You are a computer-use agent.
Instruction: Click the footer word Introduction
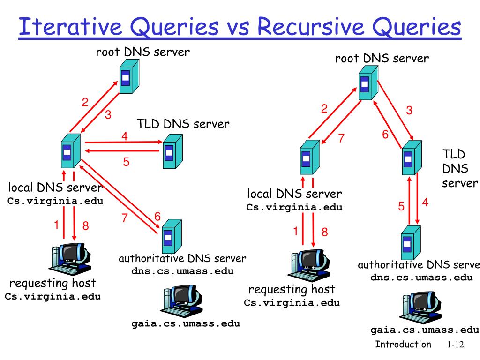(x=403, y=345)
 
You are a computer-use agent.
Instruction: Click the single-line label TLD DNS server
(x=183, y=124)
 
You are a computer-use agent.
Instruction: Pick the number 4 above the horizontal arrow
(x=124, y=136)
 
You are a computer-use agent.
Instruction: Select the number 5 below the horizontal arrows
(x=126, y=162)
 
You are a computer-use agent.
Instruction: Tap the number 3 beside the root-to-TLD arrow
(x=409, y=111)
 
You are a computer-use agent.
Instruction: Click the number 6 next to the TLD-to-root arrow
(x=385, y=135)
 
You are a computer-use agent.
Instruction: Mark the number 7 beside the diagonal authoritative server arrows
(x=125, y=217)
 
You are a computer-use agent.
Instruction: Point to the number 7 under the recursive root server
(x=341, y=138)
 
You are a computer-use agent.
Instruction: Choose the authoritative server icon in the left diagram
(x=169, y=235)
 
